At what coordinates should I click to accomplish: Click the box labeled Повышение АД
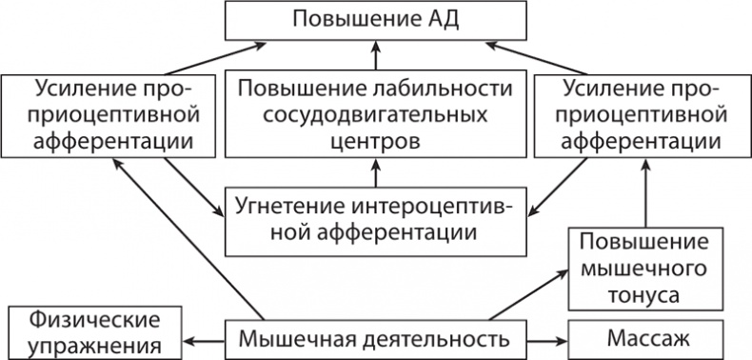tap(376, 19)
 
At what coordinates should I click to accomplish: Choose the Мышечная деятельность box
tap(376, 338)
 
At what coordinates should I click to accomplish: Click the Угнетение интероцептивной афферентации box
tap(376, 219)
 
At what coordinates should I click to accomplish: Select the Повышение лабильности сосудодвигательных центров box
tap(376, 117)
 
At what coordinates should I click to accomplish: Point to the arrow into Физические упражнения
tap(204, 339)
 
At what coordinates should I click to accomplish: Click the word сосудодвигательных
tap(376, 117)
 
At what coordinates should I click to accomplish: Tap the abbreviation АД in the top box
tap(442, 19)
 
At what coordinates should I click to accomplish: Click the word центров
tap(376, 143)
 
